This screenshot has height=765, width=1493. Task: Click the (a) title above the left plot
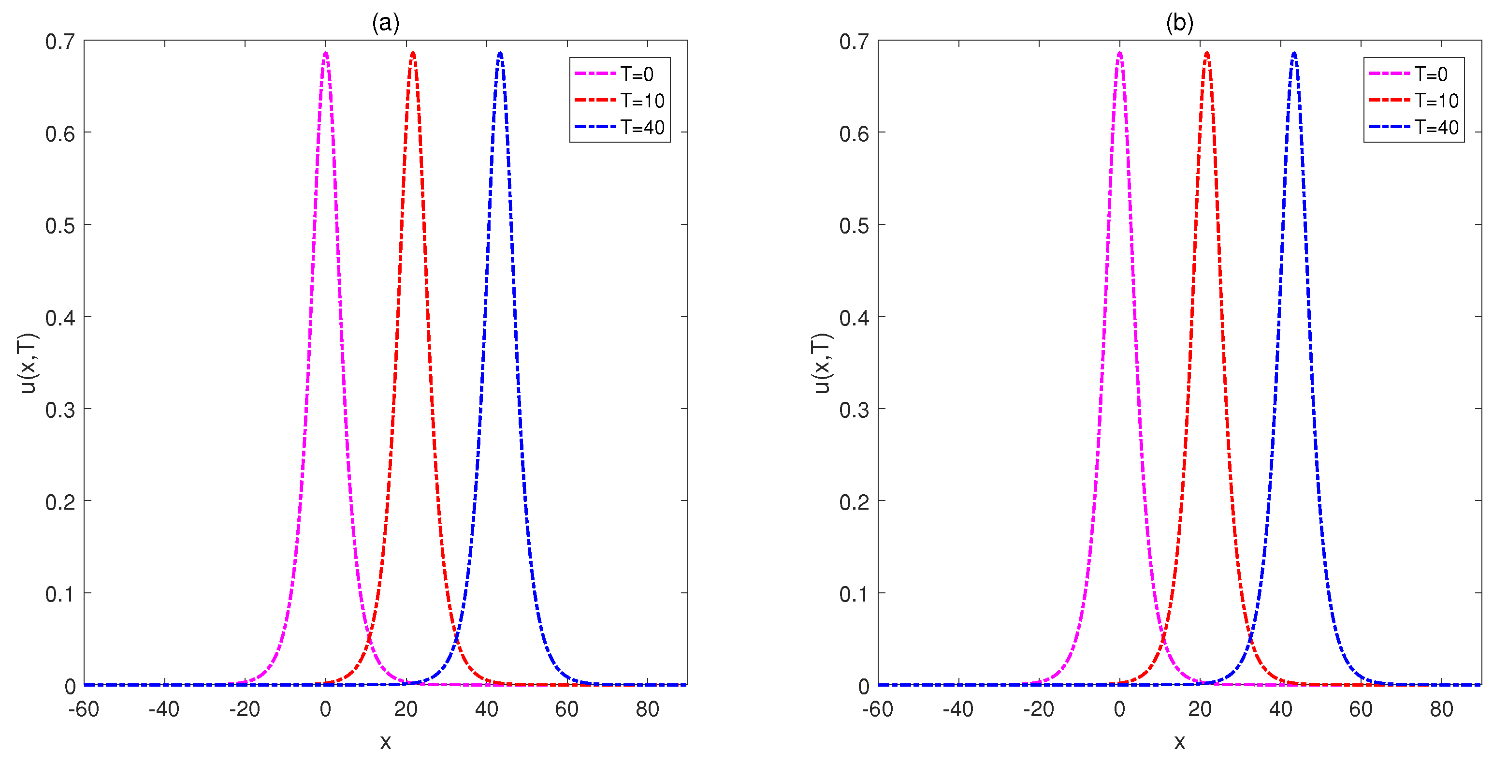tap(385, 23)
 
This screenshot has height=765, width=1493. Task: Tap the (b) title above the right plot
tap(1179, 23)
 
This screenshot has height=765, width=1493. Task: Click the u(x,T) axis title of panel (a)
tap(28, 363)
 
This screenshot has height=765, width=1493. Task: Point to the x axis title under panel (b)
tap(1179, 742)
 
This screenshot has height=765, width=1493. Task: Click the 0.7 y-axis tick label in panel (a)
tap(60, 42)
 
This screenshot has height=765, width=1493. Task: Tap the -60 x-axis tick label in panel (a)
tap(84, 709)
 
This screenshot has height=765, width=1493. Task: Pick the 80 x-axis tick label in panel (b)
tap(1441, 709)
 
